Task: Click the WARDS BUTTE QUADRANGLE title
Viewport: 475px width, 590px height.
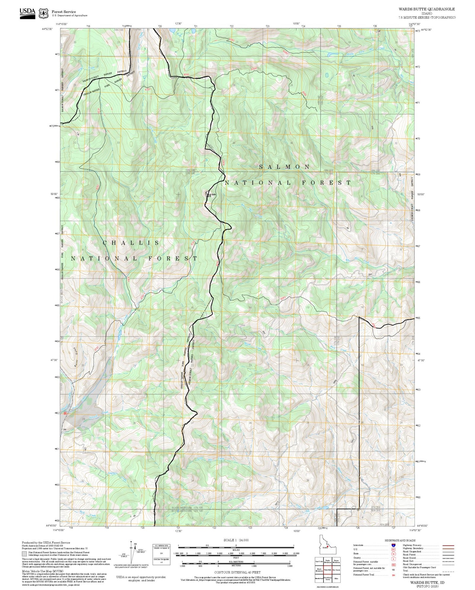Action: click(x=427, y=9)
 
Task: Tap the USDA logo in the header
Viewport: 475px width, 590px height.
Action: click(x=27, y=12)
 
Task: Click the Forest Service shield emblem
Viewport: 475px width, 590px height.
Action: click(x=43, y=13)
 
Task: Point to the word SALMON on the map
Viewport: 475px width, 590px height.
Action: click(x=284, y=167)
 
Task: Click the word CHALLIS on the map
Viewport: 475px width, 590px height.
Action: click(x=131, y=243)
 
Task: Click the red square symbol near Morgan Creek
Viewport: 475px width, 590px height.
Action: click(x=65, y=413)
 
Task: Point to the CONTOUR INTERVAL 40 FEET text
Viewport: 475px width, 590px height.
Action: click(x=237, y=573)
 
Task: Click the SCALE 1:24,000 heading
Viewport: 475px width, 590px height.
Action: click(x=236, y=540)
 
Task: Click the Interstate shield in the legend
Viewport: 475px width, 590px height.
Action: click(x=393, y=545)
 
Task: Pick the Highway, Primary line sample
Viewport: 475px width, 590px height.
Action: click(x=448, y=545)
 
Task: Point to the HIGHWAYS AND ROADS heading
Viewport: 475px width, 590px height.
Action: click(x=400, y=540)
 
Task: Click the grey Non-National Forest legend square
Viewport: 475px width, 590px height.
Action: click(x=24, y=553)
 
